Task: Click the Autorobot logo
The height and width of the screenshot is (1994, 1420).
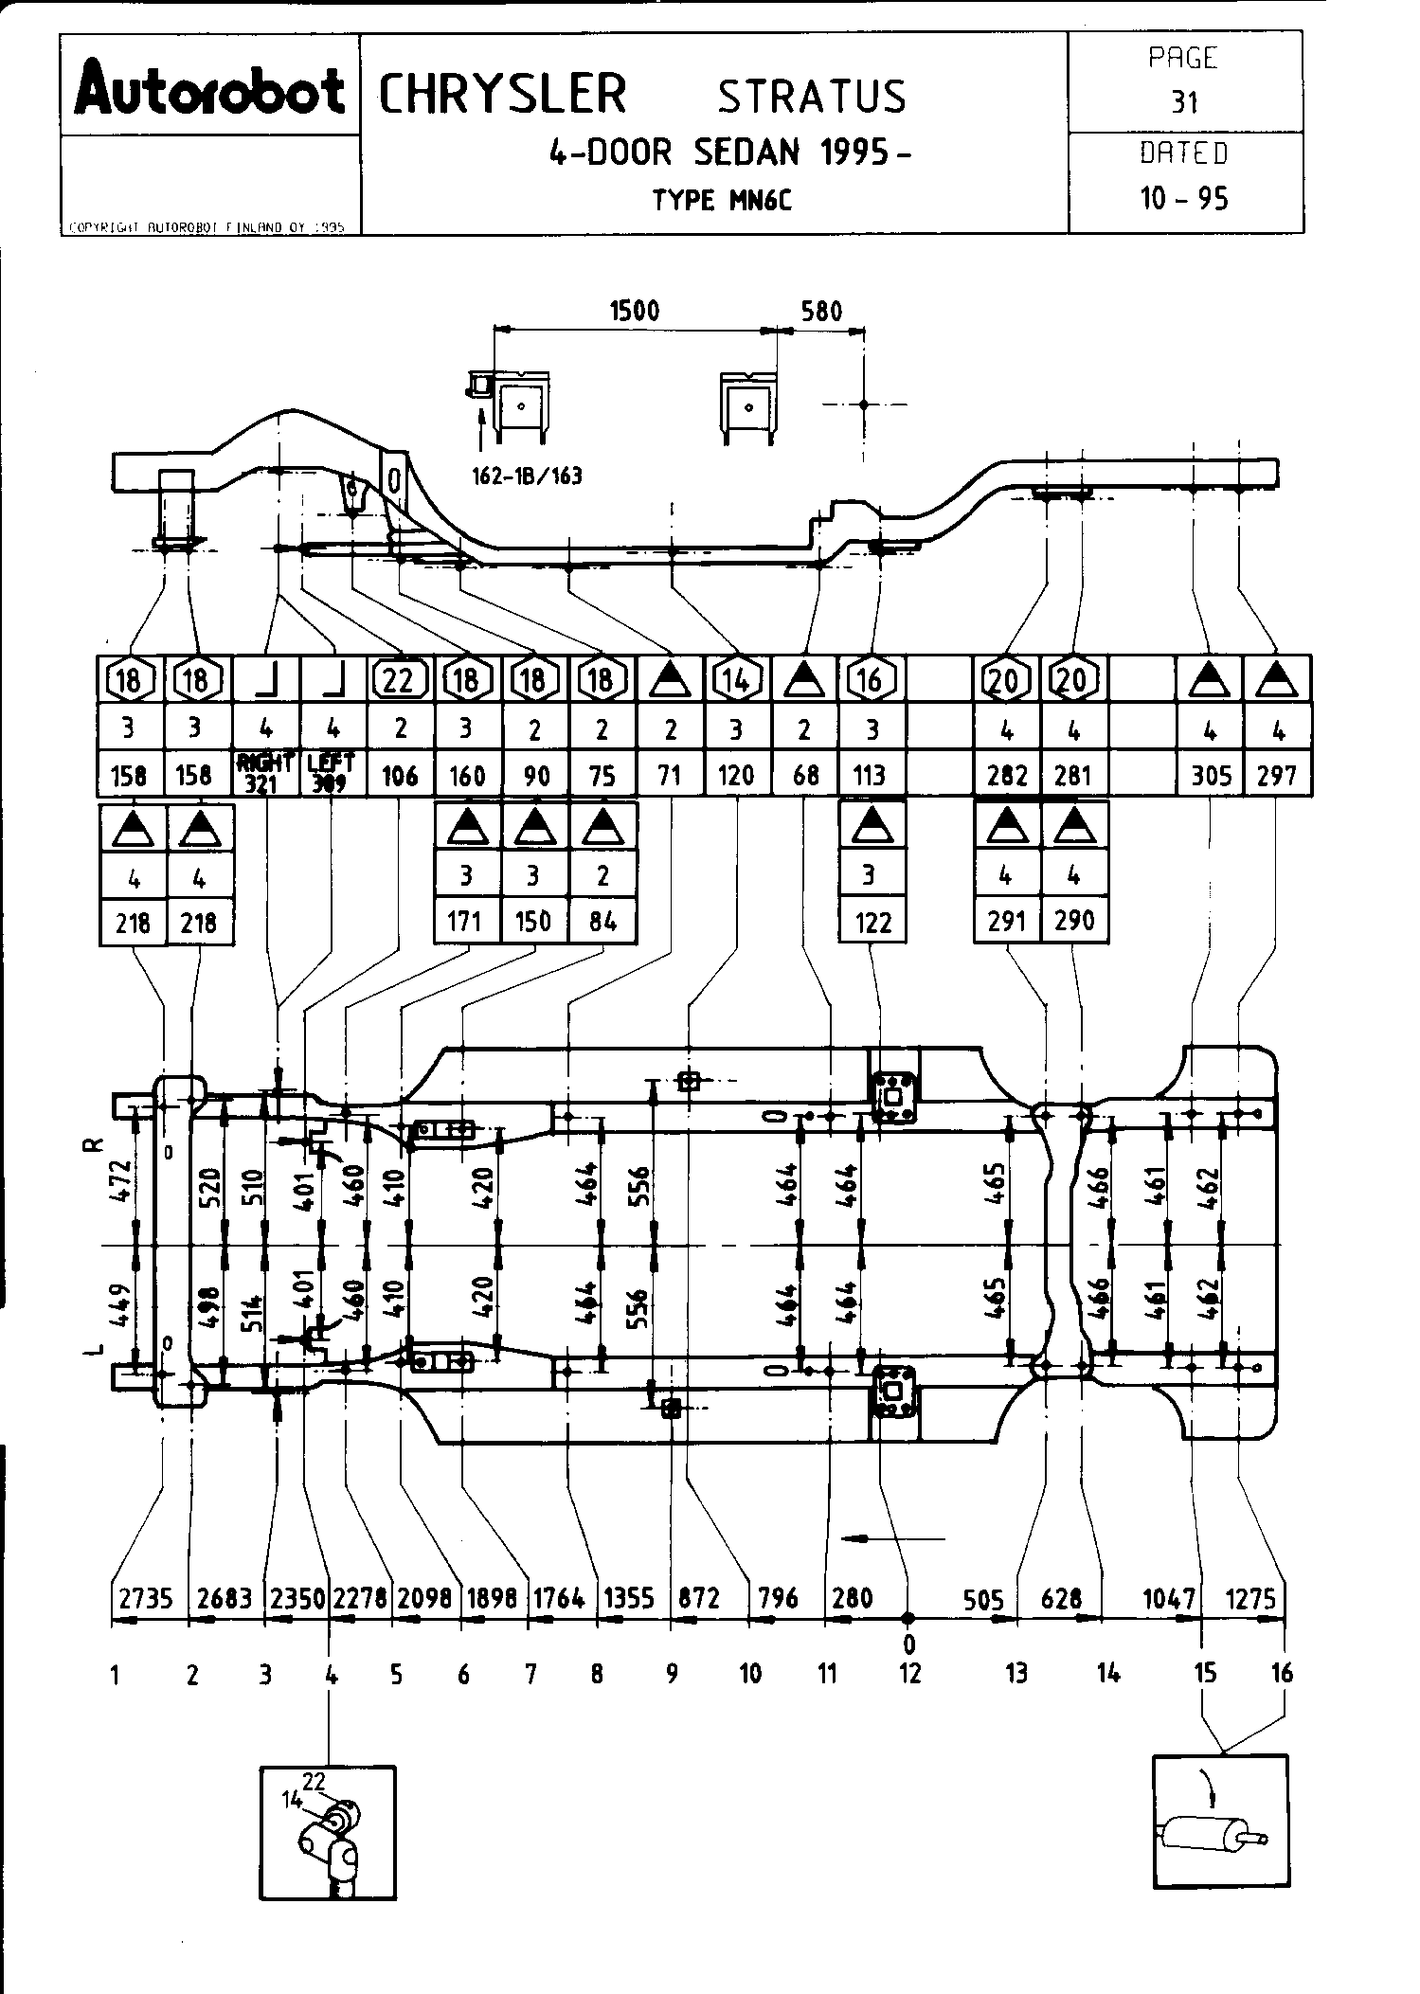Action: point(210,94)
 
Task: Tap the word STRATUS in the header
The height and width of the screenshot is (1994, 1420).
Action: point(812,97)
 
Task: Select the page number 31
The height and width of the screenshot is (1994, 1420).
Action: point(1184,101)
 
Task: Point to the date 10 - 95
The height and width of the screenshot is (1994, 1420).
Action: point(1184,198)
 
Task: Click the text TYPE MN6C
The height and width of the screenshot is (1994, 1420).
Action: point(721,200)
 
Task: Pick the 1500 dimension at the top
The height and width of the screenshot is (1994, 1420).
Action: point(634,311)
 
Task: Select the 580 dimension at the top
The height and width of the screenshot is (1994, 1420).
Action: point(820,311)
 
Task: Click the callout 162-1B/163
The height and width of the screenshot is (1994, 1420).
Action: point(527,476)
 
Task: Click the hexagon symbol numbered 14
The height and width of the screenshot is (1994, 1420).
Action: point(736,679)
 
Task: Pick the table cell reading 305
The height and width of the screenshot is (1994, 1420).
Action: point(1210,776)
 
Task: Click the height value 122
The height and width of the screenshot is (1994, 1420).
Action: point(872,922)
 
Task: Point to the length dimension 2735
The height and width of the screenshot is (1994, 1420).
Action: point(147,1598)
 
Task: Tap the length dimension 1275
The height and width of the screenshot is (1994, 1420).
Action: point(1250,1598)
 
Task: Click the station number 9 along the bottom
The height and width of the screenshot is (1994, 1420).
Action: point(672,1674)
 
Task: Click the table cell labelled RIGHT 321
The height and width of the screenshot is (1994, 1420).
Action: point(266,772)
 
